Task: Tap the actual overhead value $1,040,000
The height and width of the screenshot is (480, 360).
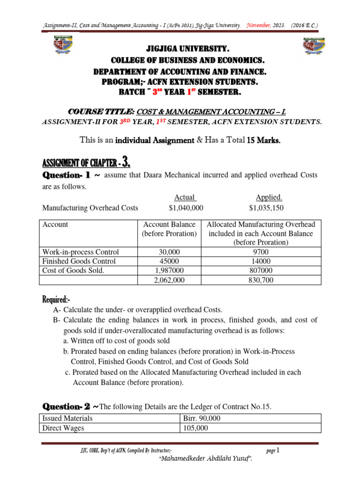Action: [186, 208]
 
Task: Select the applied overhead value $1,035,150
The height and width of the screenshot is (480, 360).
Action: [266, 208]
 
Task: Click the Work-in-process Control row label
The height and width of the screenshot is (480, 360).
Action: [81, 252]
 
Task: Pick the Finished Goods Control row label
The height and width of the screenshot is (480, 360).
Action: [79, 261]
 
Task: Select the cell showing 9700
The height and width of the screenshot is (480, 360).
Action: [261, 252]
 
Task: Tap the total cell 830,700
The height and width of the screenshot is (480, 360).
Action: [261, 280]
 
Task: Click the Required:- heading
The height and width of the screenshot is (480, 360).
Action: [56, 299]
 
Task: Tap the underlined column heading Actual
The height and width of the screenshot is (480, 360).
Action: [184, 197]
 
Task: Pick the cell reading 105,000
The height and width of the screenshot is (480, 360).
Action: [196, 428]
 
